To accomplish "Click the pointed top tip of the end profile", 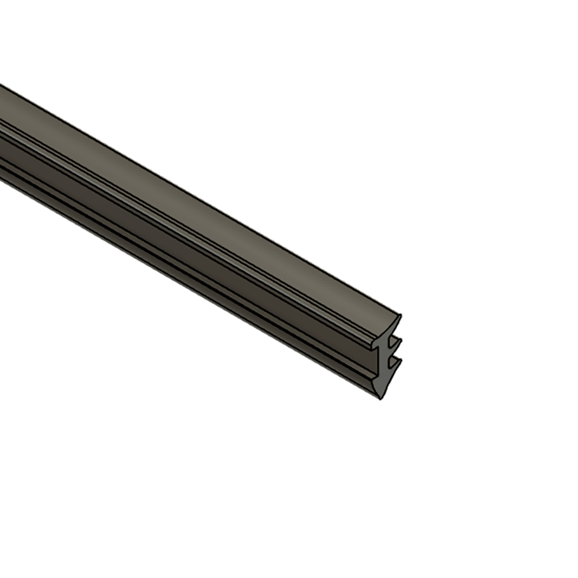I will click(x=399, y=316).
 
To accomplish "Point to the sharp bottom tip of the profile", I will click(x=380, y=398).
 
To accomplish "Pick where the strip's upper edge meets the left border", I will click(x=1, y=85).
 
